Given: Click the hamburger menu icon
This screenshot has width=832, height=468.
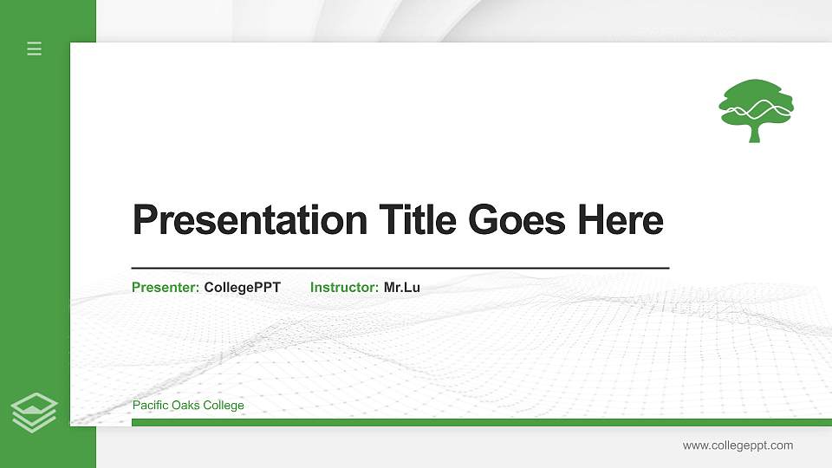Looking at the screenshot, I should (35, 49).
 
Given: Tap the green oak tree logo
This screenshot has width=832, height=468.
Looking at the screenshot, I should (756, 109).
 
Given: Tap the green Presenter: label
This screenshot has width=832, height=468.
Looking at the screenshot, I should (166, 287).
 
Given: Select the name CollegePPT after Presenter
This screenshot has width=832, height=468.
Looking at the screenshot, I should (243, 287).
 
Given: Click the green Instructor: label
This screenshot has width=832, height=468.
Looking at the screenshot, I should (344, 287).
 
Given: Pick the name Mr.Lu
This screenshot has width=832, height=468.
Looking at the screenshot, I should (402, 287).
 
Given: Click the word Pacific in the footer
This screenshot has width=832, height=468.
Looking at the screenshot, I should (150, 405).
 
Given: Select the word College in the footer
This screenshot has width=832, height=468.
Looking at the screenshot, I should (224, 405).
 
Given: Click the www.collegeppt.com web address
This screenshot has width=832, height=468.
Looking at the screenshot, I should (738, 445).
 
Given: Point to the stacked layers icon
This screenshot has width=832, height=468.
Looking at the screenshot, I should (35, 413).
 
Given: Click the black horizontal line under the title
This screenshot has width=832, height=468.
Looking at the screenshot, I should (400, 268).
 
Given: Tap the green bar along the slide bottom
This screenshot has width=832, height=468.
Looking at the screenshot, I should (481, 422).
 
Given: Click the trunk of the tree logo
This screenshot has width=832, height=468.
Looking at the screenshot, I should (754, 133).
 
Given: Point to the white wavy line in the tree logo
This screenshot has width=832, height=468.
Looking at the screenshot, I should (757, 108).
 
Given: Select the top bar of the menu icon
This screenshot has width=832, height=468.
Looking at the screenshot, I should (35, 42).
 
